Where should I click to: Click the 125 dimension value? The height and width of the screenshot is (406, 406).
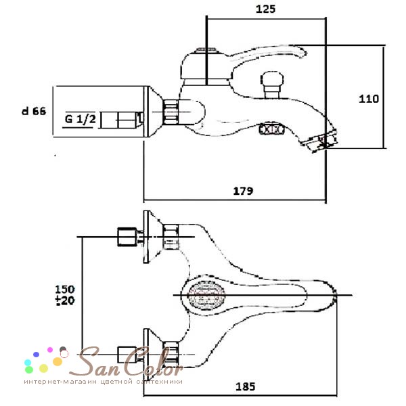coord(265,9)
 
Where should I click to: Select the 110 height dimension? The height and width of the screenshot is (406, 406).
coord(369,99)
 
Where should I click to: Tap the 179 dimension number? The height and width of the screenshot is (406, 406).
coord(243,191)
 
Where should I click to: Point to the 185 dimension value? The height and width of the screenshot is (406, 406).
coord(245,387)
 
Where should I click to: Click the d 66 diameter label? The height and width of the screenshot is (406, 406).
coord(34,112)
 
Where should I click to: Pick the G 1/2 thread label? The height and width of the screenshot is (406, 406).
coord(80,119)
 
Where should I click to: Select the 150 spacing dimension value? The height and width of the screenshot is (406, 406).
coord(65,289)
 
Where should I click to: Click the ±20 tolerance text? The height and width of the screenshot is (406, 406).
coord(65,300)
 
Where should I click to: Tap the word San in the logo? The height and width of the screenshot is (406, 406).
coord(95,362)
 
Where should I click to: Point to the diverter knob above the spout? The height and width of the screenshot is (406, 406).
coord(272,85)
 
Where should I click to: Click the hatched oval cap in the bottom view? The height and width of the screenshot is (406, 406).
coord(206,295)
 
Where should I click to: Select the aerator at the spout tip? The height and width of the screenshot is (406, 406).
coord(321,141)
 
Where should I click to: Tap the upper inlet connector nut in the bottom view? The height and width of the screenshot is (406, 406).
coord(127,237)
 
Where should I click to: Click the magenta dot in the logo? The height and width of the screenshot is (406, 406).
coord(50,350)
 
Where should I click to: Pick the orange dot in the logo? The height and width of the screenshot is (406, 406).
coord(58,361)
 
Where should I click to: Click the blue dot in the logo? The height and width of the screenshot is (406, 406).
coord(37,355)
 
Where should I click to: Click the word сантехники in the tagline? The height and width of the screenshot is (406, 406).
coord(159,382)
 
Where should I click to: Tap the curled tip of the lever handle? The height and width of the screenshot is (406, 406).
coord(302,52)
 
